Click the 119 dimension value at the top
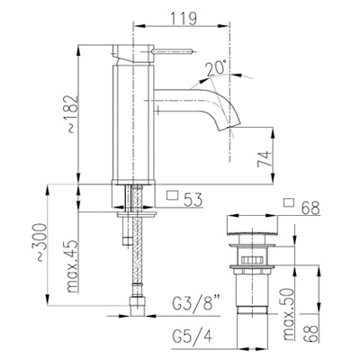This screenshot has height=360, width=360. [184, 19]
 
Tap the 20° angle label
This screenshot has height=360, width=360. [216, 67]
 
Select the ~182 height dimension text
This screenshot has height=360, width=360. [72, 114]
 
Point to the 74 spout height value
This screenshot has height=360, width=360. [265, 159]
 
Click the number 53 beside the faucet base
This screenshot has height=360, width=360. [193, 200]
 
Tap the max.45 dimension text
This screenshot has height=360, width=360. [72, 266]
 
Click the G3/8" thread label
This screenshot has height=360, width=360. [195, 305]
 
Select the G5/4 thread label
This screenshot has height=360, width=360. [193, 337]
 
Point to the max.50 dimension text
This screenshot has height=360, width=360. [289, 314]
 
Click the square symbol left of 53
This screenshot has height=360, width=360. [173, 195]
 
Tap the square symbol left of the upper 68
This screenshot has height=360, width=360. [289, 202]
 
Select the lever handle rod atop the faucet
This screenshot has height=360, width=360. [173, 51]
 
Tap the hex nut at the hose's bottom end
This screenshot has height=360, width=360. [138, 306]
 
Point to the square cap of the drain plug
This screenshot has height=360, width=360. [252, 224]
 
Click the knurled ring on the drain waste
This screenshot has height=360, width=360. [252, 260]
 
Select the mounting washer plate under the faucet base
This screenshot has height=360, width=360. [137, 214]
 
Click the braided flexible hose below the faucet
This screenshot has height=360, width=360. [137, 240]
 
